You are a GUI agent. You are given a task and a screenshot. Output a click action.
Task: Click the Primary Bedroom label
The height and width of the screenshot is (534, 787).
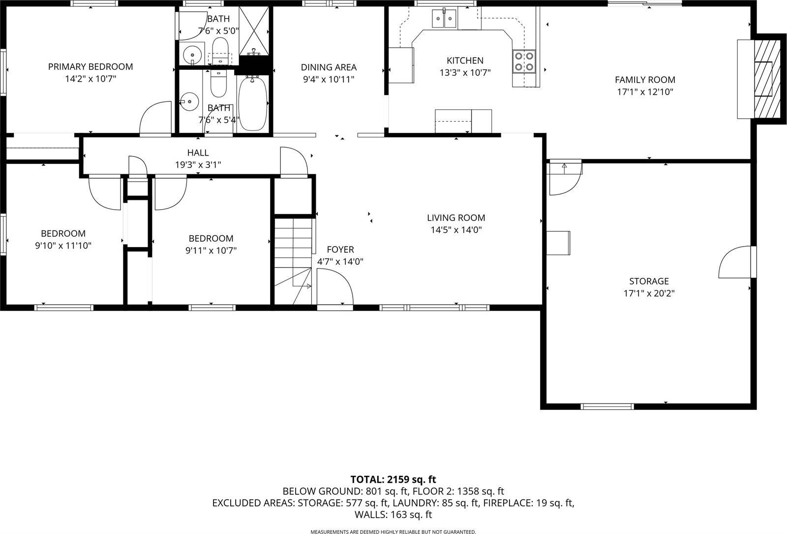click(91, 66)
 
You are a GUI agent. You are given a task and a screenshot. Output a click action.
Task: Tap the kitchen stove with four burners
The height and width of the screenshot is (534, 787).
click(524, 62)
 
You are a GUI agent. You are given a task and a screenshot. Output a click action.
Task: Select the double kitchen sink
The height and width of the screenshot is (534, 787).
click(444, 19)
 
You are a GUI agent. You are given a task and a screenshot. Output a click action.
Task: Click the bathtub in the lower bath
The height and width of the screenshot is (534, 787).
click(253, 103)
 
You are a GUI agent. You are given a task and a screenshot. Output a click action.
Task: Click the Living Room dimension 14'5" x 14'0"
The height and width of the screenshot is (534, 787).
click(456, 229)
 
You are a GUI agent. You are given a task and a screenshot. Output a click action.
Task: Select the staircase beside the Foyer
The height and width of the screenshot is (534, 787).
click(293, 261)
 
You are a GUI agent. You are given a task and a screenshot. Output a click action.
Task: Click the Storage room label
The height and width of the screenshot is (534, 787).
click(649, 281)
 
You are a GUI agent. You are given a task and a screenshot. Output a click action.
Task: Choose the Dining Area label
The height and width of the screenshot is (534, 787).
click(329, 67)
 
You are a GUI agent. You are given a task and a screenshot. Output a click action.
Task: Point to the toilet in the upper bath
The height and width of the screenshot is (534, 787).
click(220, 50)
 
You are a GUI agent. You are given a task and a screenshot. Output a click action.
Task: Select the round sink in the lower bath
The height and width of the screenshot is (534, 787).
click(188, 102)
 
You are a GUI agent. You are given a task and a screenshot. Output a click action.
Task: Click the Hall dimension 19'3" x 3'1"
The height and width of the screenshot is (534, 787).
click(198, 165)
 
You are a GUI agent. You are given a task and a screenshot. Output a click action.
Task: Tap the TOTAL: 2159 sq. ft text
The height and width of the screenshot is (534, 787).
click(393, 479)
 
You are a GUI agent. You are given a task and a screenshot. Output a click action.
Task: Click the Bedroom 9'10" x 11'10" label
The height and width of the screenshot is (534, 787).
click(63, 233)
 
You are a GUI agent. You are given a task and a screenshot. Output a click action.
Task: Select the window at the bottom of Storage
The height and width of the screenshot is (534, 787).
click(606, 407)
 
